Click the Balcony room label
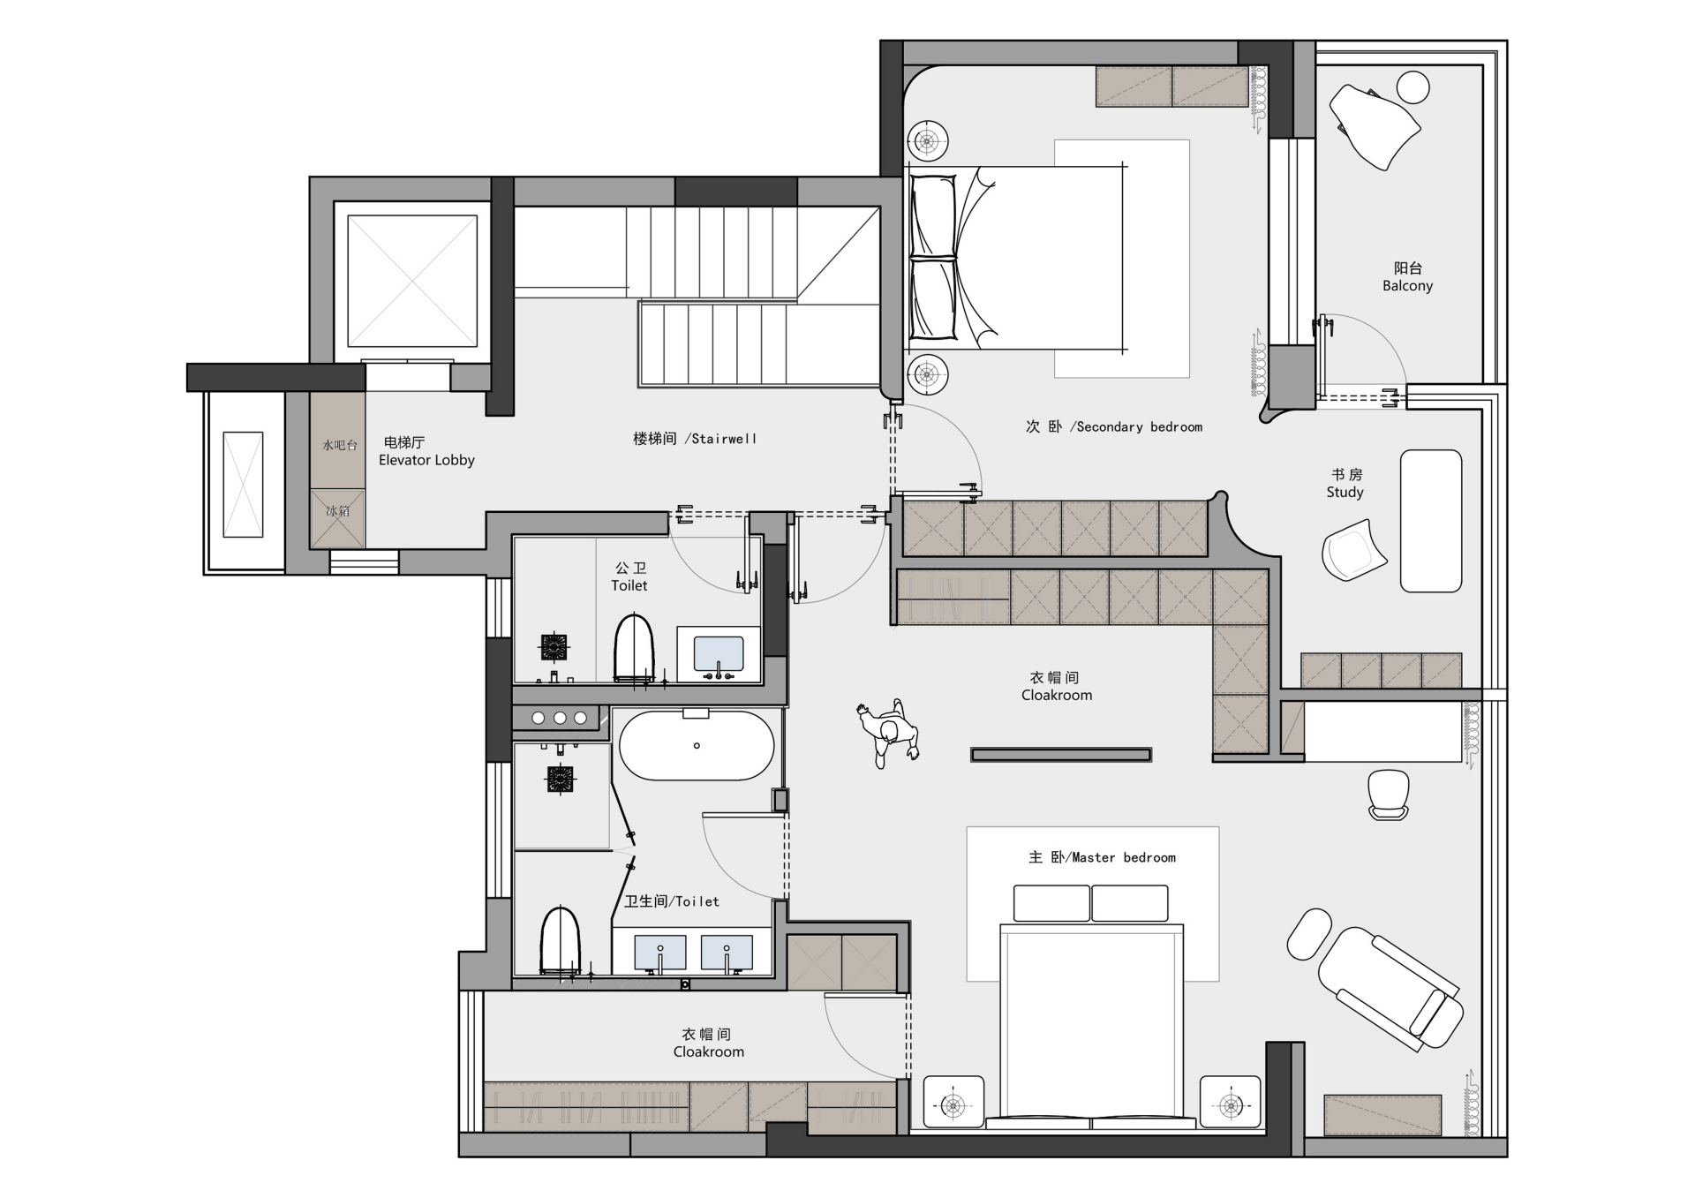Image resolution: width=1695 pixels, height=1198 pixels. tap(1407, 276)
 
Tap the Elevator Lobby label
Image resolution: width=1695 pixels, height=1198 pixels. tap(426, 451)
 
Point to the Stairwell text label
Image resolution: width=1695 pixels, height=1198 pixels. tap(695, 439)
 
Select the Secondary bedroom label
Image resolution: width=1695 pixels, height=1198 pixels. tap(1114, 427)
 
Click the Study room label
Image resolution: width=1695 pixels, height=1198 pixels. tap(1345, 484)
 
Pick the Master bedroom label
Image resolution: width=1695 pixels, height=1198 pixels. tap(1102, 857)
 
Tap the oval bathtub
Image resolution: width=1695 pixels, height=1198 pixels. tap(697, 746)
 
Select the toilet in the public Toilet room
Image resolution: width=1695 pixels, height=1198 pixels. tap(634, 648)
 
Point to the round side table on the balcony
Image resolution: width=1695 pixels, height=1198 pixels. tap(1413, 87)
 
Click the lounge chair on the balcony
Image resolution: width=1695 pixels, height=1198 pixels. tap(1374, 125)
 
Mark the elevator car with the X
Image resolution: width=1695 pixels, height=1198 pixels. tap(412, 281)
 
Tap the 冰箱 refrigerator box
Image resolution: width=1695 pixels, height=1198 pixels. tap(337, 518)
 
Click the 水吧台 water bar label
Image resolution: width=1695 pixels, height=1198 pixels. tap(339, 445)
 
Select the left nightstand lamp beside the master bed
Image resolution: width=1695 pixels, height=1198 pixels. tap(953, 1104)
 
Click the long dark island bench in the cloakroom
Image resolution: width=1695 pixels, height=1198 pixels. tap(1061, 755)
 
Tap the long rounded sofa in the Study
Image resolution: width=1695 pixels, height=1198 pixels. tap(1431, 521)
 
